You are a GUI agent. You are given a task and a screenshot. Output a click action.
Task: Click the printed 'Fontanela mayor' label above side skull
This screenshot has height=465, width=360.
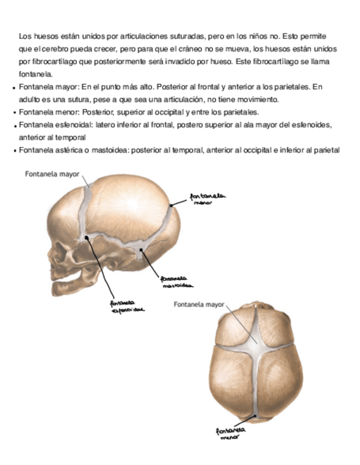tap(52, 174)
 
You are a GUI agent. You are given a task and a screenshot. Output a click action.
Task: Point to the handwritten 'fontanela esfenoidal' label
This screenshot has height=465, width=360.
tap(127, 305)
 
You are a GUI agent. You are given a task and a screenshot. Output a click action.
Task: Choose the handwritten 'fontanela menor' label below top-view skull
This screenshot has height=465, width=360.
tap(231, 434)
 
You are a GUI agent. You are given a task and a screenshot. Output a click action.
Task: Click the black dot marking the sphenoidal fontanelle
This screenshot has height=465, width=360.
tap(87, 237)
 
